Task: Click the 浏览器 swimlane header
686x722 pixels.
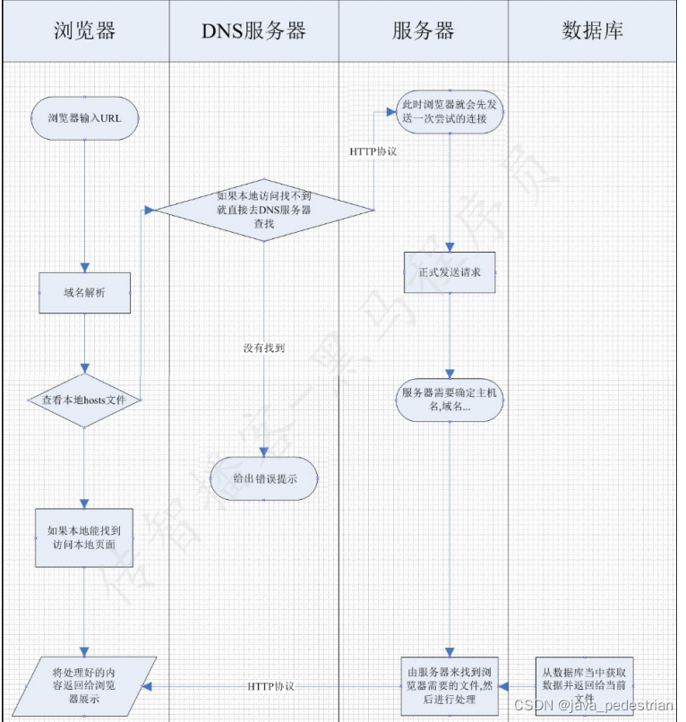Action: [85, 30]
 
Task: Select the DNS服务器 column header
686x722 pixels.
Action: [253, 30]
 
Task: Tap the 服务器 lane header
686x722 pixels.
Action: [423, 30]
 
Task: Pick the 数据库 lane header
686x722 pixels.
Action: [592, 30]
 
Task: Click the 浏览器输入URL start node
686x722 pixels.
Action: [84, 118]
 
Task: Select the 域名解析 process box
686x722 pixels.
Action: [84, 293]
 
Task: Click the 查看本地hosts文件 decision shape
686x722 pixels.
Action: [84, 400]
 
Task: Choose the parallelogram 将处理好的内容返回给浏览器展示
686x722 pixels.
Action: [84, 685]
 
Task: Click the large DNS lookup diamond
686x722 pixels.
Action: [264, 210]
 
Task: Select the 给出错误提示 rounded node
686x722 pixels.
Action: [264, 478]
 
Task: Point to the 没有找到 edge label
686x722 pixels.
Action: [263, 348]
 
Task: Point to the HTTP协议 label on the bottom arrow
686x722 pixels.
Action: [270, 686]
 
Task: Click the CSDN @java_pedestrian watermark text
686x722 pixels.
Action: [605, 706]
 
